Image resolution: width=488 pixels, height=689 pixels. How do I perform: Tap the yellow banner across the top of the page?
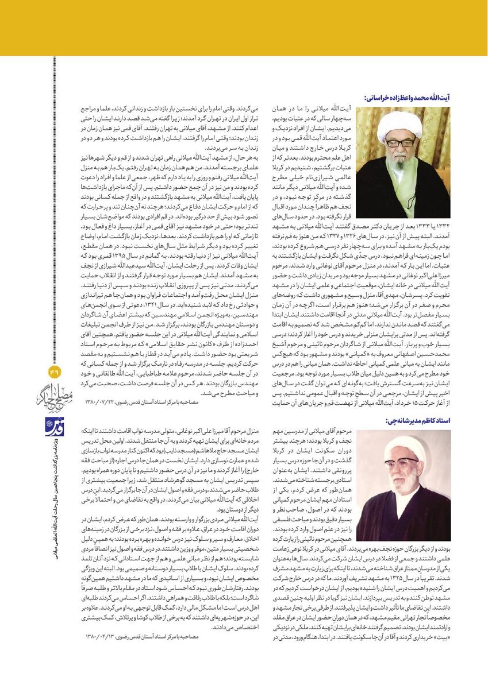pos(244,28)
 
